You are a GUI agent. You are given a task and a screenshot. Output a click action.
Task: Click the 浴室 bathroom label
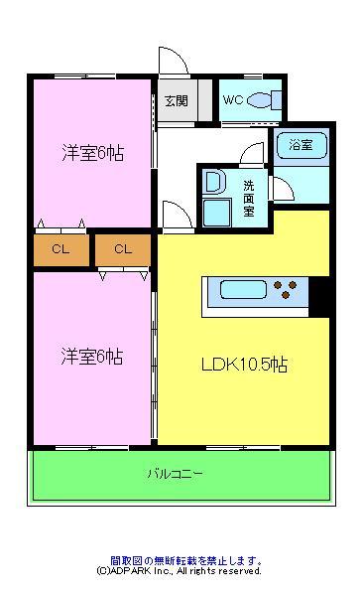pos(301,146)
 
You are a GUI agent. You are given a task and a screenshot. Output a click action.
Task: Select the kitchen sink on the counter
pos(241,291)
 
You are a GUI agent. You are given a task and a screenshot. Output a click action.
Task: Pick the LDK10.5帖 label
pos(243,364)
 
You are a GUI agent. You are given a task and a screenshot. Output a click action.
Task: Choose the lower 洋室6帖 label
pos(92,357)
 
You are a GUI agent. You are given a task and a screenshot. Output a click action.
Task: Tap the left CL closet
pos(60,249)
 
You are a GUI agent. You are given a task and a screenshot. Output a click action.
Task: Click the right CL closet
pos(122,249)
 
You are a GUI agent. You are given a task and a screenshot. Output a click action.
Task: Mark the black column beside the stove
pos(319,291)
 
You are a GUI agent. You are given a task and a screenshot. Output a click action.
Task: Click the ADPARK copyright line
pos(179,571)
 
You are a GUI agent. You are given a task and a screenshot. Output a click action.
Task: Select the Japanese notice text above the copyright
pos(179,560)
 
